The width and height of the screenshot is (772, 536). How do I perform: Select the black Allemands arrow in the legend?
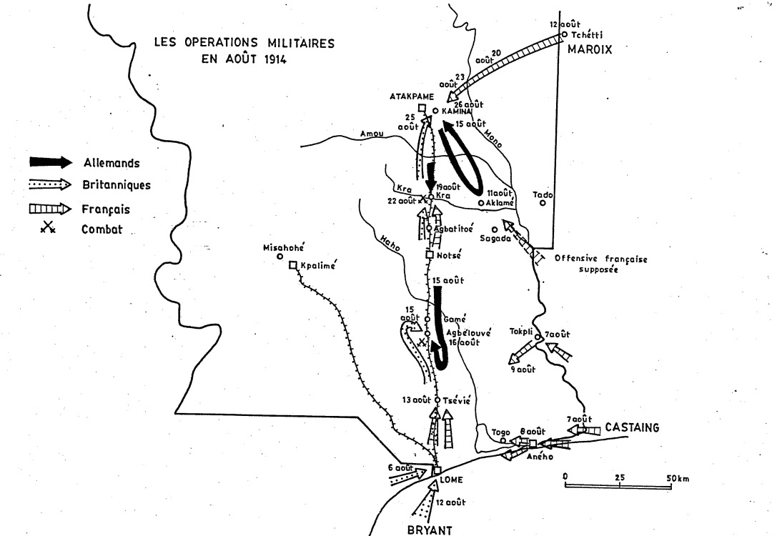point(50,162)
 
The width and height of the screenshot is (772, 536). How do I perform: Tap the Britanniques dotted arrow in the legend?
point(50,184)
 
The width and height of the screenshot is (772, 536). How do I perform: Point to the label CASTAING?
point(631,427)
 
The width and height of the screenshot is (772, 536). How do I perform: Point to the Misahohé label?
point(284,247)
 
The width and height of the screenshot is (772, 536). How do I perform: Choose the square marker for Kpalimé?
point(292,266)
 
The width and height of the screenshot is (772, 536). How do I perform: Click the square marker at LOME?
point(436,470)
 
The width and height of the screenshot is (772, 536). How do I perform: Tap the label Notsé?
point(450,255)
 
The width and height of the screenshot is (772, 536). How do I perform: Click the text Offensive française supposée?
point(600,265)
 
